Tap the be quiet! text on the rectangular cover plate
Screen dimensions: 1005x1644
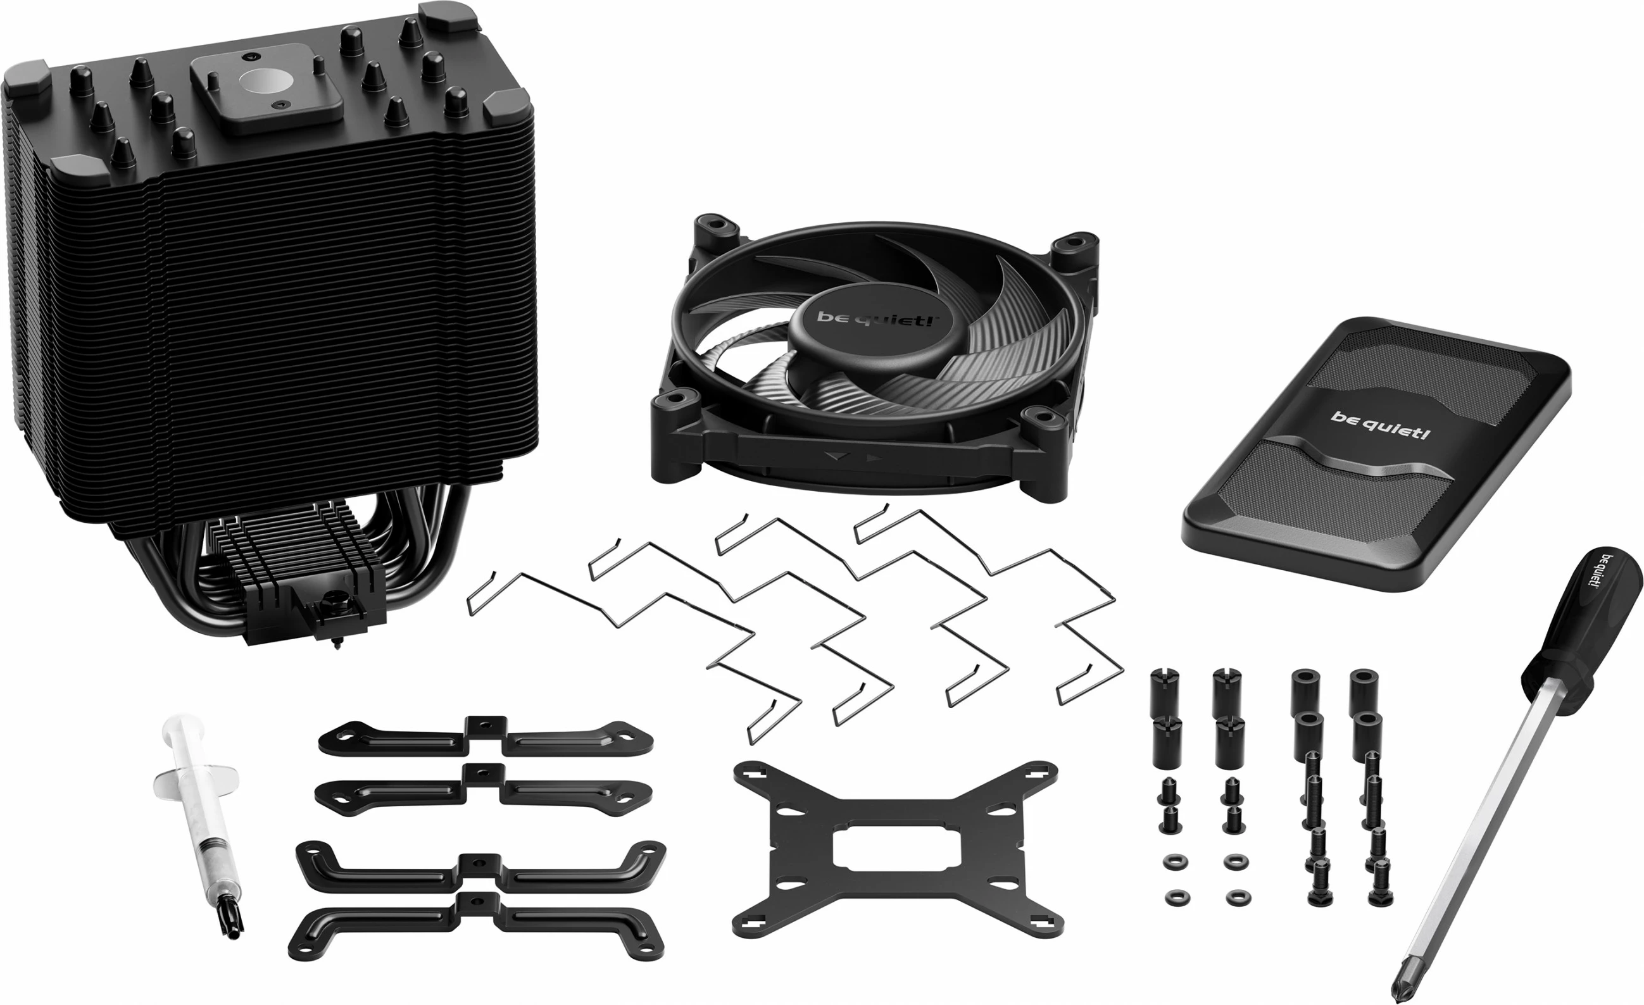(1380, 425)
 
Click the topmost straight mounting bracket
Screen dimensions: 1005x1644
(486, 737)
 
